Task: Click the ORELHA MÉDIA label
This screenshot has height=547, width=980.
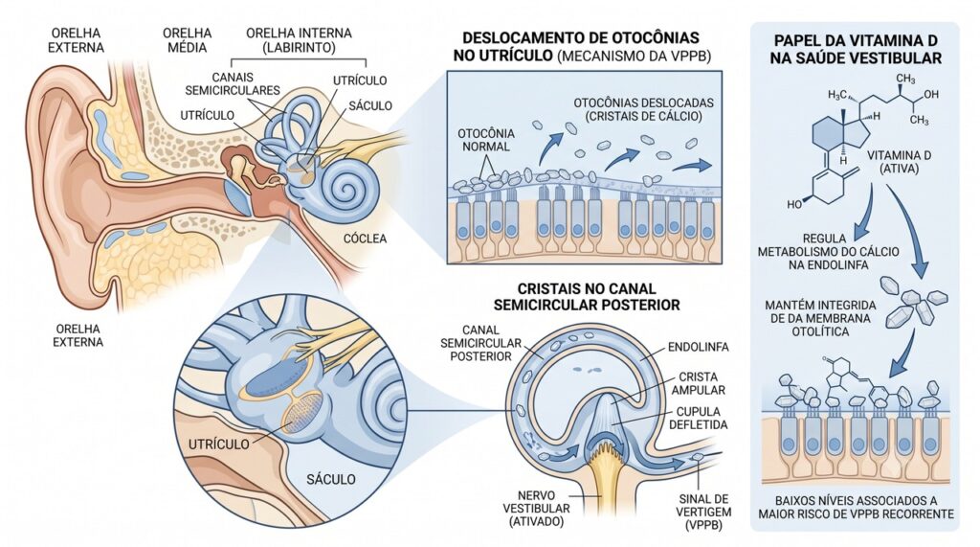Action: (187, 40)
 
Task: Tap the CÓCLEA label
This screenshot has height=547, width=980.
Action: (365, 239)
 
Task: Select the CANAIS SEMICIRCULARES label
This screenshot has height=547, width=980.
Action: (233, 84)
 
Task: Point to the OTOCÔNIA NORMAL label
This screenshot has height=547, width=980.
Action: (486, 140)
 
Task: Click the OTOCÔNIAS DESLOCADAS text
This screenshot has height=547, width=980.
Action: (644, 103)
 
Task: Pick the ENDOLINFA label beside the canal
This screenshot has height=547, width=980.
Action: (698, 347)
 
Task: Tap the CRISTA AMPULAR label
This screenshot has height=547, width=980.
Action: (698, 383)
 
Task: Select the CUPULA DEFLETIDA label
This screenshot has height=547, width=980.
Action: (698, 418)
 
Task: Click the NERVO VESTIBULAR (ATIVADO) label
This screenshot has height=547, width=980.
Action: (536, 509)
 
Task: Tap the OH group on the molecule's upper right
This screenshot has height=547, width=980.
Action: (930, 95)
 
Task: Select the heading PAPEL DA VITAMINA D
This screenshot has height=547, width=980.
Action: (856, 40)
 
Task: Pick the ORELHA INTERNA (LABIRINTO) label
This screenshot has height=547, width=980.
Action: (299, 40)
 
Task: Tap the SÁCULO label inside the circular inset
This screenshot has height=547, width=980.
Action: (330, 479)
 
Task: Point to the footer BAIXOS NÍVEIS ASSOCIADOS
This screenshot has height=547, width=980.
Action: (857, 501)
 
